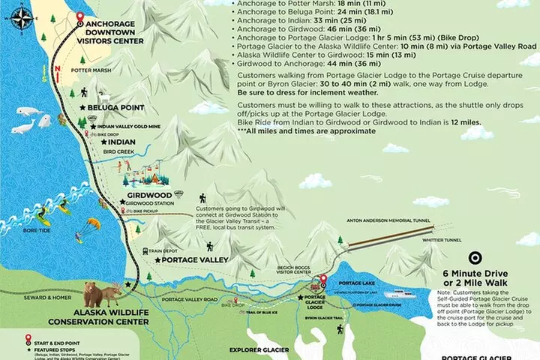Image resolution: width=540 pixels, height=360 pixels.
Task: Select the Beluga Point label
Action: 115,108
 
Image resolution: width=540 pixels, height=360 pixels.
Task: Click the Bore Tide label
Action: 35,230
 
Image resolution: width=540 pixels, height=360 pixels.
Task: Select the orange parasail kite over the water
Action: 93,223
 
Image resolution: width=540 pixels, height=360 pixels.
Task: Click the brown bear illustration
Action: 94,293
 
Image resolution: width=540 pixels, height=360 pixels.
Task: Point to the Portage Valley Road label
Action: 191,299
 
